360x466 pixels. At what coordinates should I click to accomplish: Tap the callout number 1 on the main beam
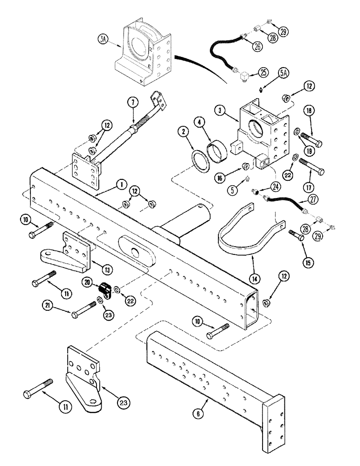(120, 185)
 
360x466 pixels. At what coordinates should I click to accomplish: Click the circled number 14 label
(254, 280)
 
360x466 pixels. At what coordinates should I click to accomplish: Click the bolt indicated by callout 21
(87, 311)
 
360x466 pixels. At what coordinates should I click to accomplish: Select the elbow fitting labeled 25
(243, 74)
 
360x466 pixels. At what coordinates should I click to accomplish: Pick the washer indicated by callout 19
(297, 134)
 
